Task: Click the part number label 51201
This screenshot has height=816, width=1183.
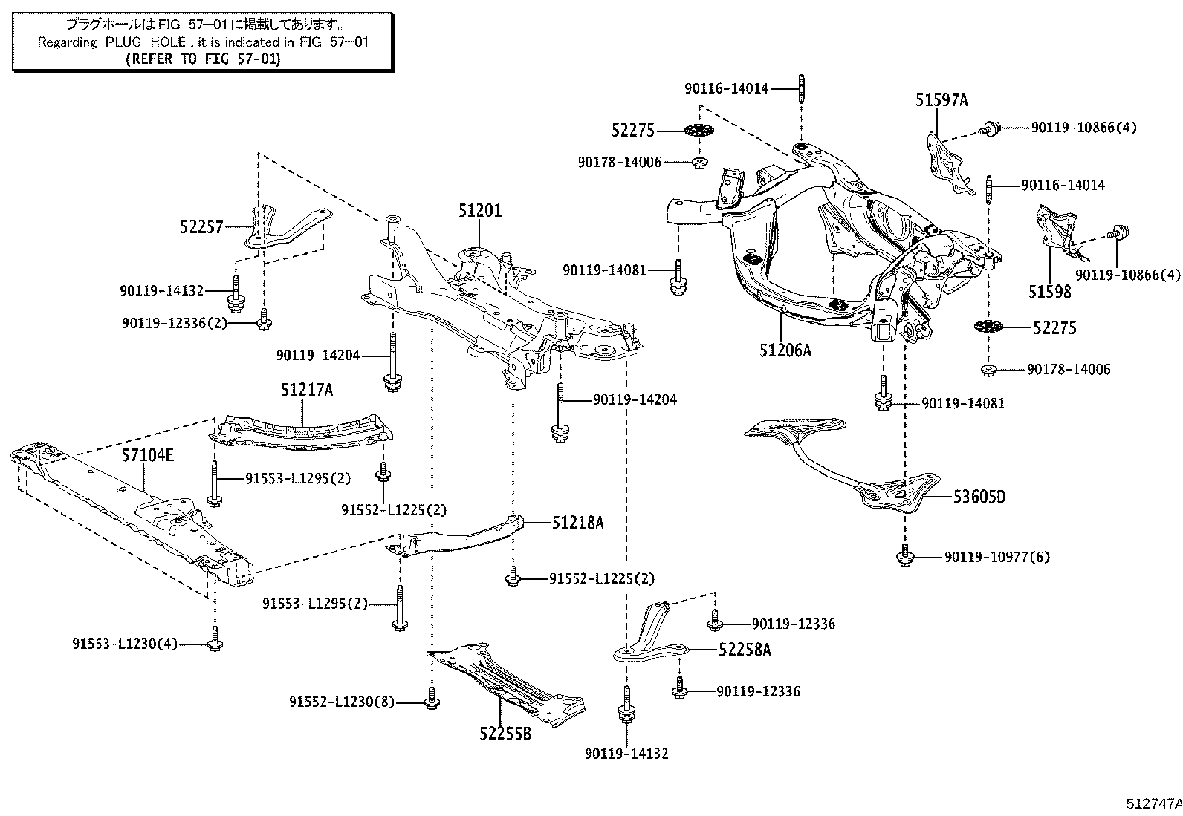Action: (479, 211)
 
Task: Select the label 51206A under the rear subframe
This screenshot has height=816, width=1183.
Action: (785, 350)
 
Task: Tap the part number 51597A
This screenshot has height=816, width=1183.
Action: (941, 99)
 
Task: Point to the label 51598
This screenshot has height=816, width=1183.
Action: (1049, 292)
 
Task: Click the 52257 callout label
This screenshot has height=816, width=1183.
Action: (201, 227)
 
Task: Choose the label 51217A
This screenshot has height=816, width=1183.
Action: (307, 390)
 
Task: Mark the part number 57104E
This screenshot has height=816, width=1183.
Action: (148, 455)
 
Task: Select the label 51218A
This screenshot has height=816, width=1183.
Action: (578, 523)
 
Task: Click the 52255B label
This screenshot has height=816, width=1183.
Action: (505, 734)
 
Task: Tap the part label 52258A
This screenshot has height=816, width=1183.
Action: (745, 650)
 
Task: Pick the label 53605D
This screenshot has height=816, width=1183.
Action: (979, 497)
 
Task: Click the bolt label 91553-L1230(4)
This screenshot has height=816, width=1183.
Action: (125, 644)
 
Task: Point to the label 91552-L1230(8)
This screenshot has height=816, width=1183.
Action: (342, 702)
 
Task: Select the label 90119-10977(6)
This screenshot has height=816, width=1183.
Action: (997, 557)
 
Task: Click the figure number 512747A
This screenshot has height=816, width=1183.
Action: (1154, 803)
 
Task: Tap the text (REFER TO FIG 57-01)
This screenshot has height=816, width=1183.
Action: (204, 59)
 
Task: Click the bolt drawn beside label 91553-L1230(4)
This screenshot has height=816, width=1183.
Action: (215, 639)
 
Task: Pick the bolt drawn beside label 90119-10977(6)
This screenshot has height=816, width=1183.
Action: (905, 555)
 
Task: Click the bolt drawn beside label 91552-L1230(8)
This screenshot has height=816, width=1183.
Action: (432, 698)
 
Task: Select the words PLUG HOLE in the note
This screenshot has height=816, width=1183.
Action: (146, 42)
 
